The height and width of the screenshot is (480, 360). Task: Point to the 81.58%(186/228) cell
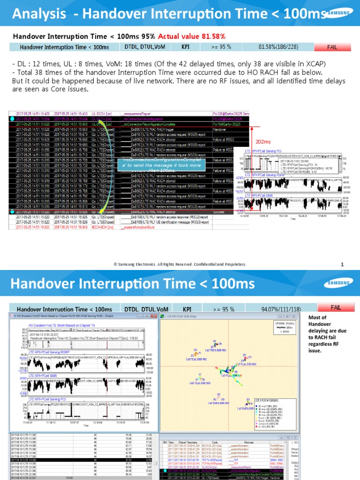[x=277, y=47]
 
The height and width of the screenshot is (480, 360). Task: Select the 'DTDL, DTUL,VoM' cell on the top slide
[x=145, y=47]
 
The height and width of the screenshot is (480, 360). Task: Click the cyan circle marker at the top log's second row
[x=12, y=119]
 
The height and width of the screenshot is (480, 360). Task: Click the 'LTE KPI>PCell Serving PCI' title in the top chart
[x=265, y=151]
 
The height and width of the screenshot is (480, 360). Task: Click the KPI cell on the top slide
[x=186, y=47]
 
